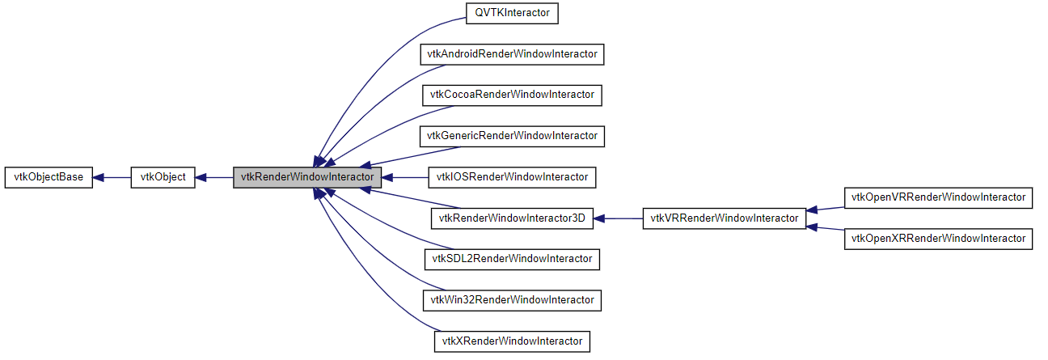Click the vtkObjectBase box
49,177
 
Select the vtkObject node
163,177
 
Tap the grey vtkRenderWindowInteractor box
306,177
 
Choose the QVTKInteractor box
513,13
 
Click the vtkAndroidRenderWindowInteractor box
513,54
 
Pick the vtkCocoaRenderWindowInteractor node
513,95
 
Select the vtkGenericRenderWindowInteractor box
513,136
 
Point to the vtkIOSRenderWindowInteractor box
513,177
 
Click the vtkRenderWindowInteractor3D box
513,218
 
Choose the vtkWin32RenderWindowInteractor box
513,300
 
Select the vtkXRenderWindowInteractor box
513,341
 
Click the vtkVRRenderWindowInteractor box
725,218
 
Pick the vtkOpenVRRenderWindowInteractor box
938,197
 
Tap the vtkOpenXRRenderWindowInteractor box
938,239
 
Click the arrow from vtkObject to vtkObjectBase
112,177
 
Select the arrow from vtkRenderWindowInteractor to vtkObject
214,177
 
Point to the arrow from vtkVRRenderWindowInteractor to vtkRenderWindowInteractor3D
619,218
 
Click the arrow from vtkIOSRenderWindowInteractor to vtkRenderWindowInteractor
404,177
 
